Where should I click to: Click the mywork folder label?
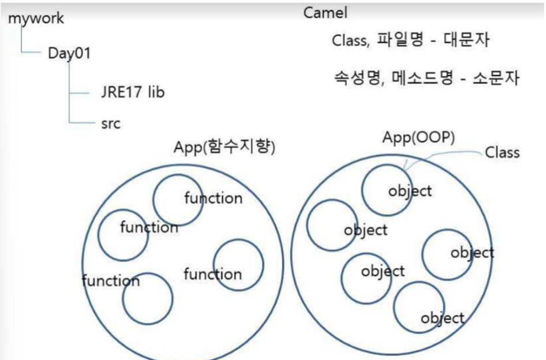36,18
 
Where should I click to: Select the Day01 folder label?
69,53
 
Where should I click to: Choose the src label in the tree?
110,123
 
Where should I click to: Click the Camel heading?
326,13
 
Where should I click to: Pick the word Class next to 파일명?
350,41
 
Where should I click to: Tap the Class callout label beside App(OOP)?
502,152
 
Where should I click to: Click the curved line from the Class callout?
439,151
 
